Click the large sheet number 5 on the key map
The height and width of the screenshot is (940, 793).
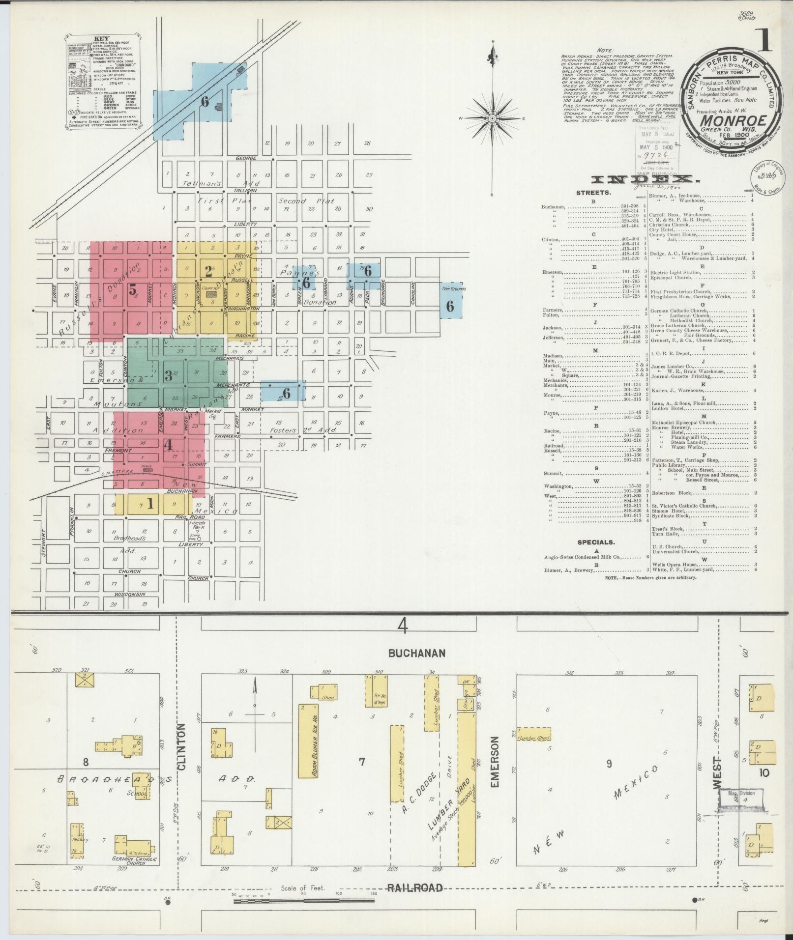(x=133, y=290)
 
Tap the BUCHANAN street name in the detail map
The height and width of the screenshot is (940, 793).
(x=416, y=653)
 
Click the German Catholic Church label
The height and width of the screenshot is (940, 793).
(x=134, y=860)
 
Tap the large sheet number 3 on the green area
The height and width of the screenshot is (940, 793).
(x=168, y=375)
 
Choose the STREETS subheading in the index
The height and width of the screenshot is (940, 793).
(x=594, y=193)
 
